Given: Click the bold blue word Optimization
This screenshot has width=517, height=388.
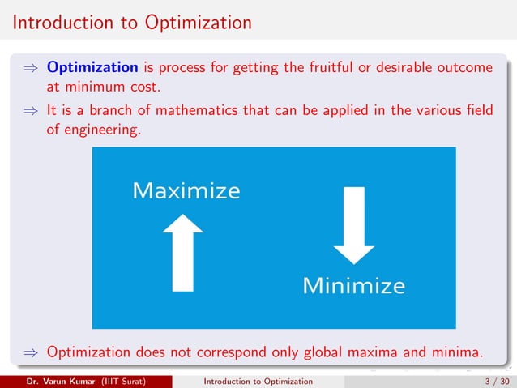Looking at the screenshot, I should [x=92, y=66].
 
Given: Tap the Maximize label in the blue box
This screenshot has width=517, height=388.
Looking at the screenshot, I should [x=186, y=191].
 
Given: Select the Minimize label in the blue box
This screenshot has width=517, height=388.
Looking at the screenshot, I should [x=353, y=285].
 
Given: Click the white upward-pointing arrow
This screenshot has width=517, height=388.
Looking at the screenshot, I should [x=182, y=252].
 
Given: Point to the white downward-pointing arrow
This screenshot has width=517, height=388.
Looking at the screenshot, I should [x=353, y=224].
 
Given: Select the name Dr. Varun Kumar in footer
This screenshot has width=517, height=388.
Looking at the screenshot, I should [x=58, y=381].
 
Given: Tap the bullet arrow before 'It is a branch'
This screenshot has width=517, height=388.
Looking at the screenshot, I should [x=31, y=111].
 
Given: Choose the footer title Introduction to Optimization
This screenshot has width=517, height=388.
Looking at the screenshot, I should [x=258, y=381].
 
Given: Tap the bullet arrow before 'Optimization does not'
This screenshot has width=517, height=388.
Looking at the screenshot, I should [x=31, y=352].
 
